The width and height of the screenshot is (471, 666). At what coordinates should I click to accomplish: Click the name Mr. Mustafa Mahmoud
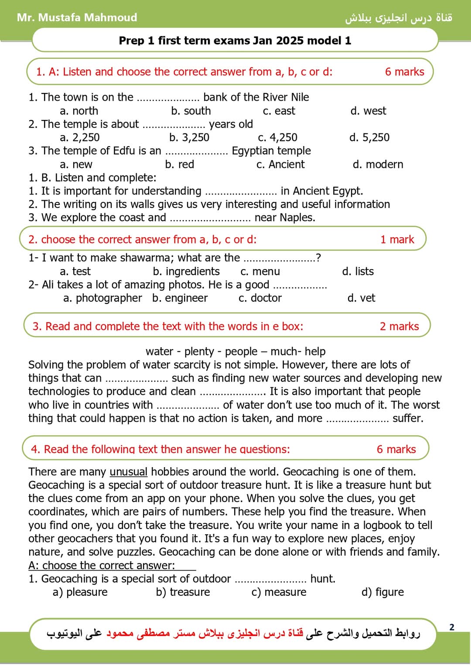[77, 17]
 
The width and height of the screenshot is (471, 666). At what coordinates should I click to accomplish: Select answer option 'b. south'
[191, 111]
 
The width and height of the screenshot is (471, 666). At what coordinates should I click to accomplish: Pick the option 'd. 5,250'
[369, 137]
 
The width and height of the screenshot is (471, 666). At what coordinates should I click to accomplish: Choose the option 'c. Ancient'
[280, 164]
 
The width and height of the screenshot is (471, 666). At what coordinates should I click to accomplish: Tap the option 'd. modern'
[378, 164]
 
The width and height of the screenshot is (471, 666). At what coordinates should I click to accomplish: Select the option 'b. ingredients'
[186, 271]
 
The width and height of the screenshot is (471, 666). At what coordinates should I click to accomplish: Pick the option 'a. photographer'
[102, 298]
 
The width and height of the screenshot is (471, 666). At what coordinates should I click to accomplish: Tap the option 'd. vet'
[361, 298]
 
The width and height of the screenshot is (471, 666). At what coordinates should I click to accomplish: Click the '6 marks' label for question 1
[404, 72]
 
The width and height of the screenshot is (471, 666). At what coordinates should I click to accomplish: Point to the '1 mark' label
[397, 239]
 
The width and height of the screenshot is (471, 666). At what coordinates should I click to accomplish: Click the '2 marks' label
[399, 326]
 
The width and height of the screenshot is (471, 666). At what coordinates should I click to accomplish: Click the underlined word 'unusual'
[128, 471]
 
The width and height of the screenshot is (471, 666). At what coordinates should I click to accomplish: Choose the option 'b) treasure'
[183, 592]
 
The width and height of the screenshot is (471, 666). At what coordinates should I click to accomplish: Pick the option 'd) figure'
[382, 592]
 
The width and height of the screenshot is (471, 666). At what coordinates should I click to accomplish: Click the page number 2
[452, 627]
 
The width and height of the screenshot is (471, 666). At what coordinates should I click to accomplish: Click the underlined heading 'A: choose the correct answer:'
[102, 565]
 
